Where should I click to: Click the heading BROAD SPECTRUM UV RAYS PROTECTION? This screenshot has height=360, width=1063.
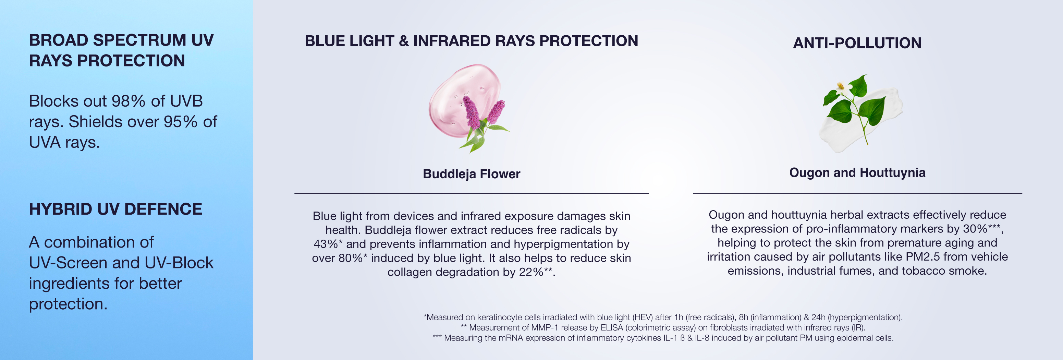click(121, 50)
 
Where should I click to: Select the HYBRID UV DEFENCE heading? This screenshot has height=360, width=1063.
click(115, 209)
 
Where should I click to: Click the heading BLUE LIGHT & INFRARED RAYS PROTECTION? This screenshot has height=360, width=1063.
click(471, 41)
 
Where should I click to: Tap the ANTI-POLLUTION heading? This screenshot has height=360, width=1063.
click(857, 43)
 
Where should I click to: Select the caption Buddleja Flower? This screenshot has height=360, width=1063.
click(471, 174)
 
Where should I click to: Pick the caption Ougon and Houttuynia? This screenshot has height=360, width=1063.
click(857, 172)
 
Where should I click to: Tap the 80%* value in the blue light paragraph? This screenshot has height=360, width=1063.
click(353, 258)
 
